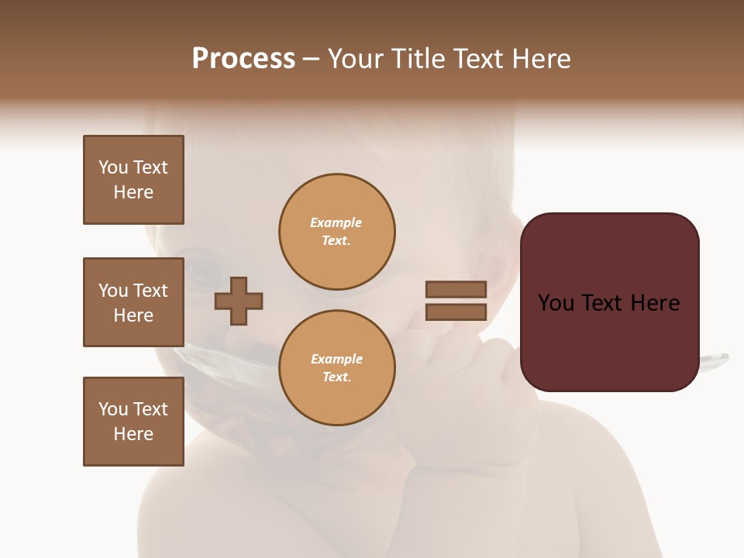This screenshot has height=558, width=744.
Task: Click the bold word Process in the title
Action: click(x=243, y=59)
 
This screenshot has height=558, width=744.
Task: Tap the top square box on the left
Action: click(x=133, y=180)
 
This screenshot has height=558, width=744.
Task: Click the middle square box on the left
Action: click(x=133, y=302)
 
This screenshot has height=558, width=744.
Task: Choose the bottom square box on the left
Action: click(x=133, y=422)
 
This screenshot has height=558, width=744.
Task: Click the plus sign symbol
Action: click(x=239, y=301)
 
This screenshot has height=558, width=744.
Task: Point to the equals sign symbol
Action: click(x=456, y=301)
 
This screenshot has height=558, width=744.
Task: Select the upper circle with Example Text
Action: click(x=336, y=232)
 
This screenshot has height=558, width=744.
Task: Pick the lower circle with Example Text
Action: click(x=336, y=368)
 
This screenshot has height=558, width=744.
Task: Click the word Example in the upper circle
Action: click(x=336, y=223)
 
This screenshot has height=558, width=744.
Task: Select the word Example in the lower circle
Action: click(x=336, y=360)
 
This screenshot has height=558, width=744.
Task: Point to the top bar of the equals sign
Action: click(x=456, y=289)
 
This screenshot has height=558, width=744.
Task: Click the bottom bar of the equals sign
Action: click(x=456, y=312)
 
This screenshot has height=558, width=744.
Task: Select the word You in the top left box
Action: click(x=112, y=167)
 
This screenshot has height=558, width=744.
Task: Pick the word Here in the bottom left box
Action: click(x=133, y=434)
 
